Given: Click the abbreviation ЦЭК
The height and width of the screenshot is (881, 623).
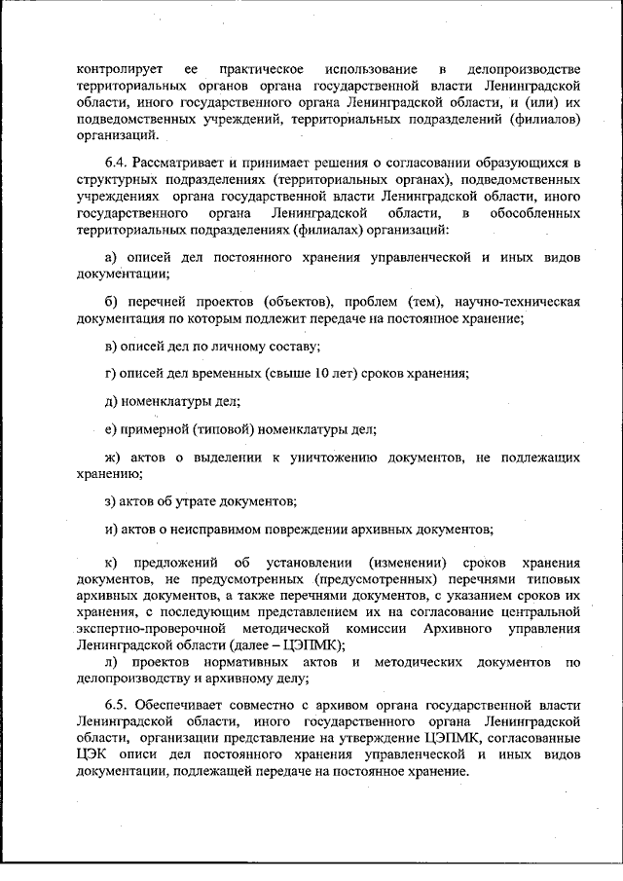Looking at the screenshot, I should pos(96,754).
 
